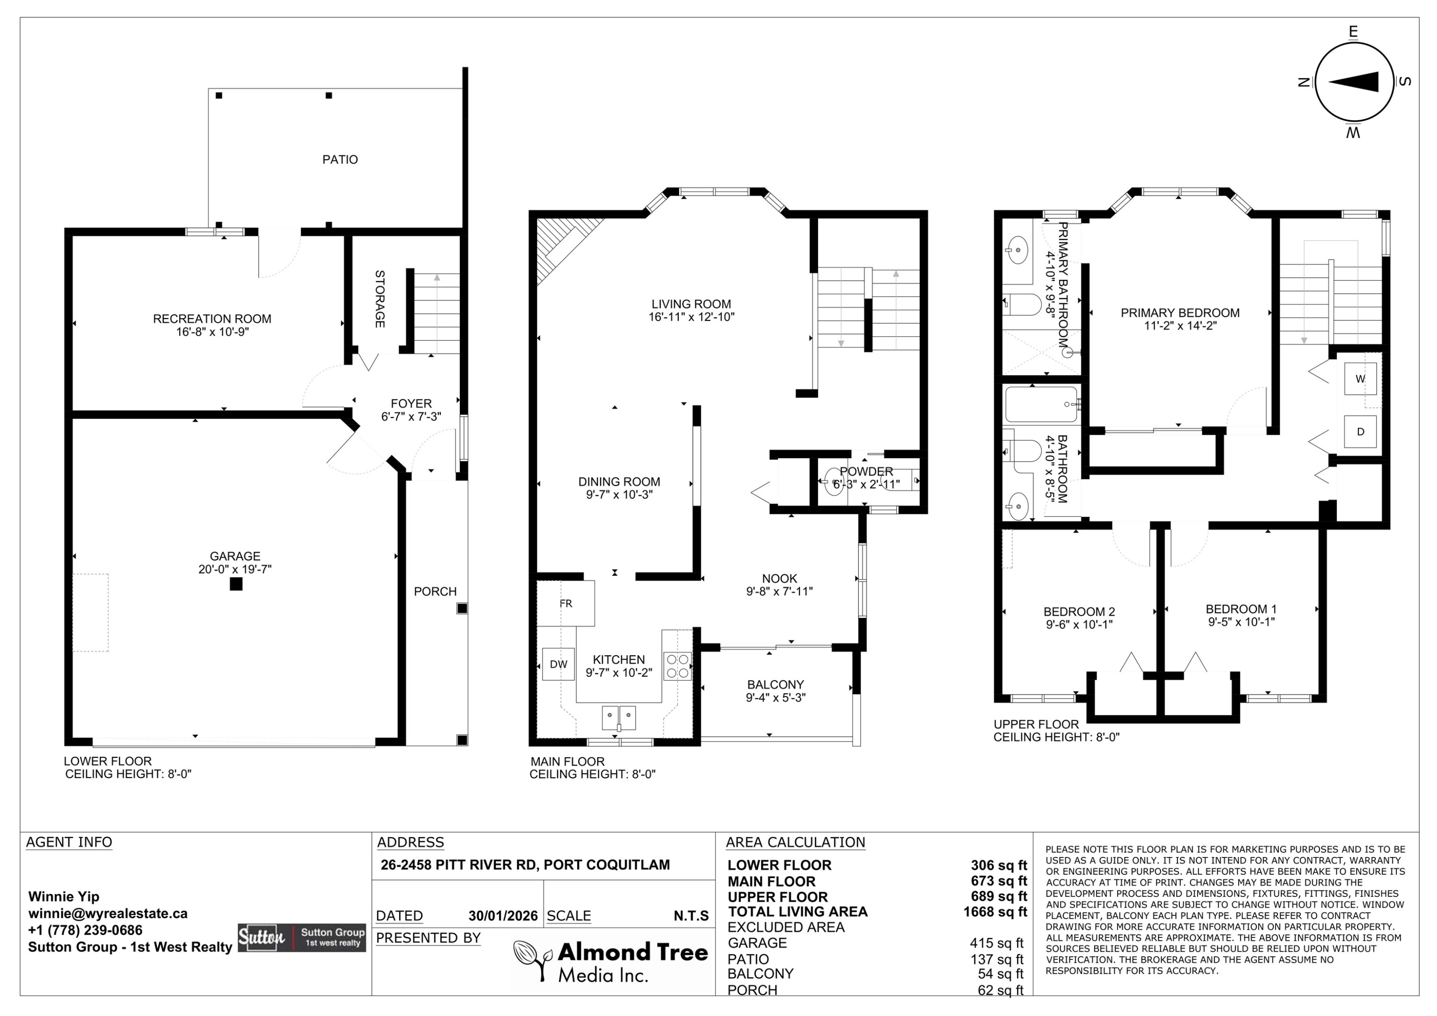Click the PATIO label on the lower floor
click(x=340, y=160)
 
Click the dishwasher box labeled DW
click(x=559, y=664)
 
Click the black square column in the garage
click(x=236, y=584)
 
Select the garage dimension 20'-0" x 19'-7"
click(x=235, y=569)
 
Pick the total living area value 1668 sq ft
click(x=995, y=912)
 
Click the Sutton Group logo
click(x=302, y=937)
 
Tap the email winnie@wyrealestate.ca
click(x=108, y=913)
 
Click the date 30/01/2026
click(x=503, y=916)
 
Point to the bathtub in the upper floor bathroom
click(x=1041, y=404)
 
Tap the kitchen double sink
click(x=619, y=718)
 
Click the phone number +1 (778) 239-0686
click(x=85, y=930)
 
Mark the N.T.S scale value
click(x=691, y=916)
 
